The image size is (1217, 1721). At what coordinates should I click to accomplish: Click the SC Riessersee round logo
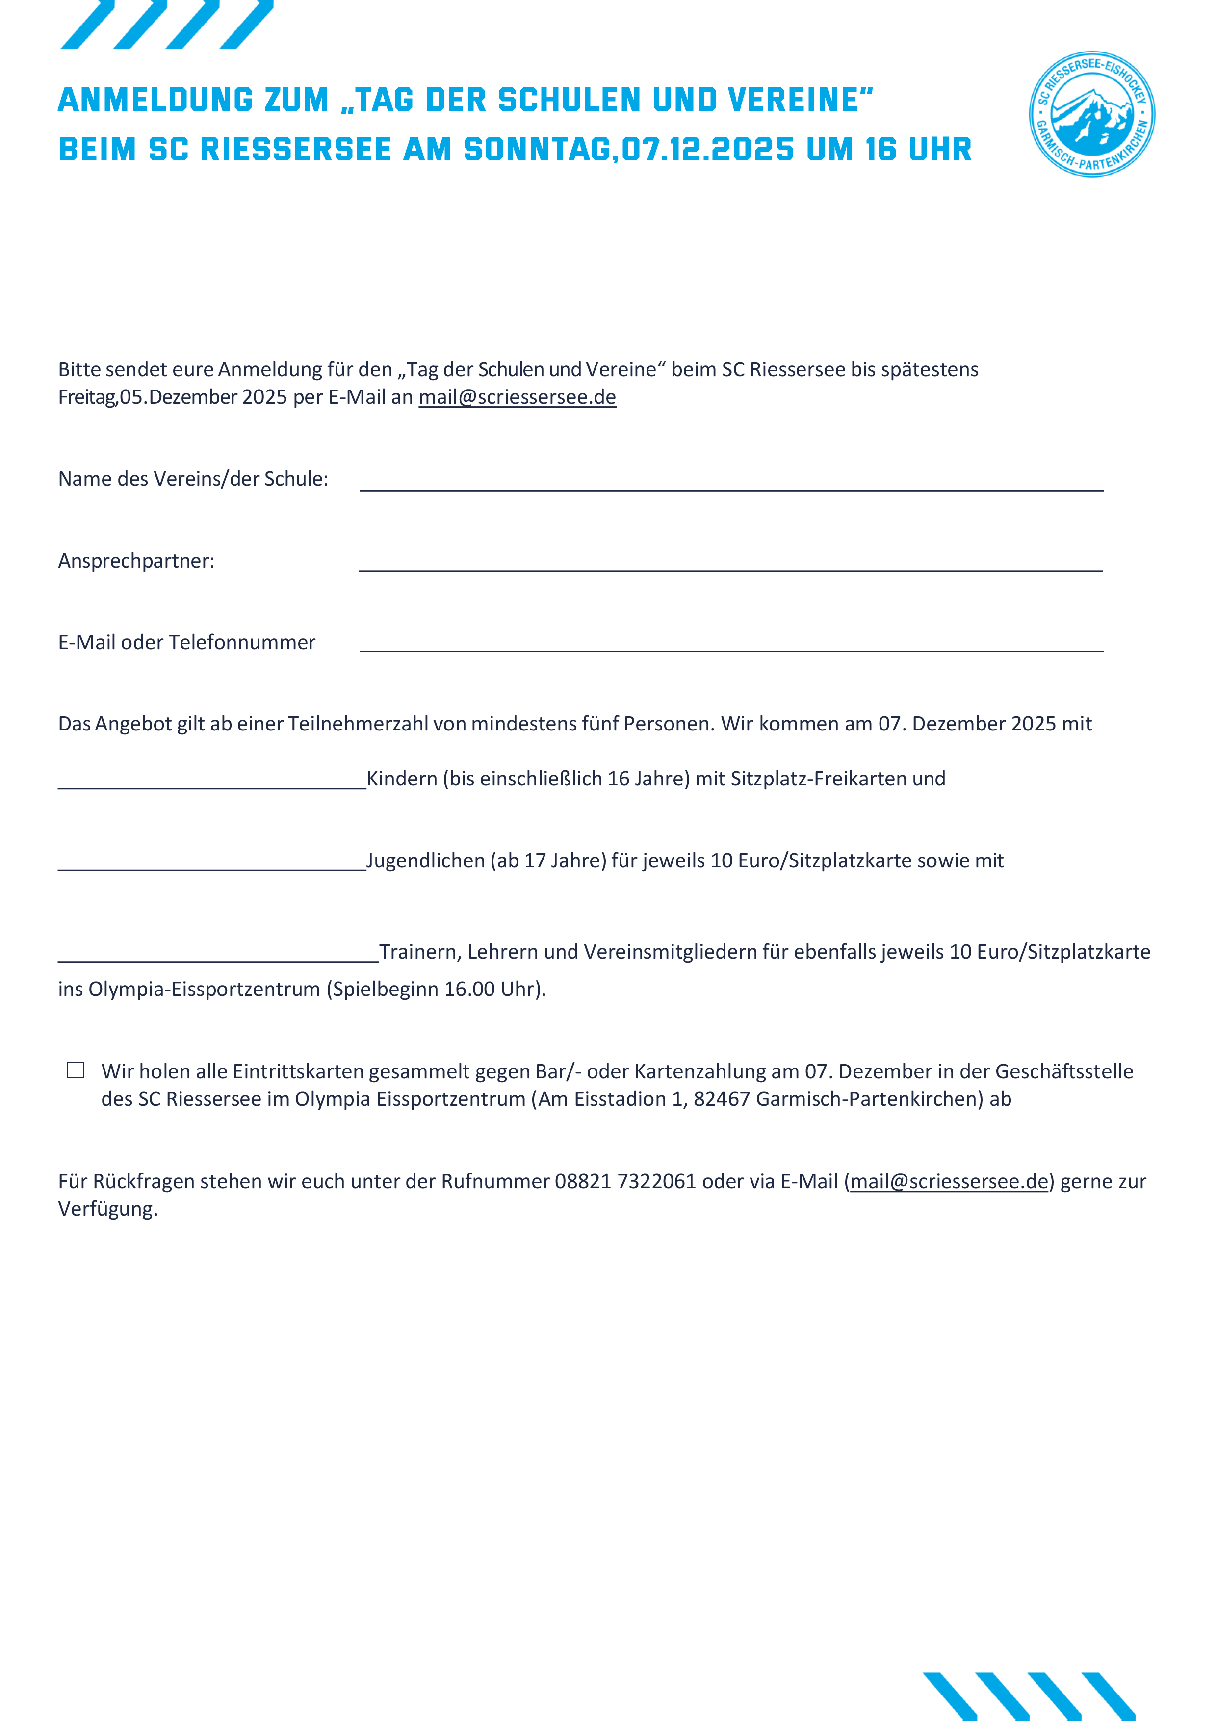click(1092, 114)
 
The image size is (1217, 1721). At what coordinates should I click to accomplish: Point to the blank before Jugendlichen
click(212, 862)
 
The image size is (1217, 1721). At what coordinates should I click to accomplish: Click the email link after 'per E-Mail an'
click(517, 397)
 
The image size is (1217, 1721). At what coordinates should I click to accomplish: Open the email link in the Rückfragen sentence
click(949, 1181)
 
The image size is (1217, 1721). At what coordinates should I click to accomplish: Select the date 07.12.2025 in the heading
click(707, 149)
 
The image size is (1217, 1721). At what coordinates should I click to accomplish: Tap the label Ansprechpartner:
click(136, 561)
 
